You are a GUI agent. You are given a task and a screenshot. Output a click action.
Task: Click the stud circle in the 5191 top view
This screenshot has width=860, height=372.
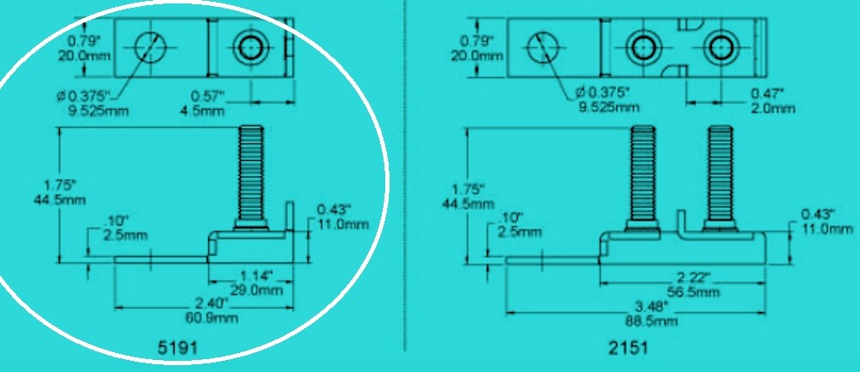pos(251,47)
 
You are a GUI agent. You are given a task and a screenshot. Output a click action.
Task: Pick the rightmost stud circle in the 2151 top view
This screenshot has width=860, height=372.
pos(719,46)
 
